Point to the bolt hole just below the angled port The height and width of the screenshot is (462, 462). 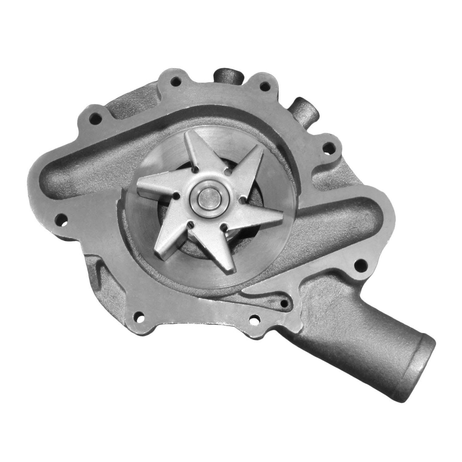coord(327,148)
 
